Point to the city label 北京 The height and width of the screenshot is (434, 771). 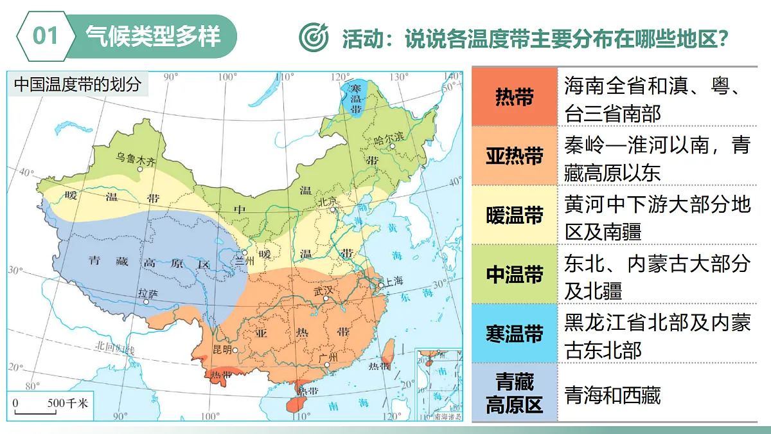coord(328,201)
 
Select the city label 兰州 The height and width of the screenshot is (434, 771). coord(246,262)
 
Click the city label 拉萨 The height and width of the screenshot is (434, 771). coord(147,292)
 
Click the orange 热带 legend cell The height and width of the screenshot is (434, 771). coord(514,96)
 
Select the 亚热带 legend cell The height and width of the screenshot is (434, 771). coord(514,156)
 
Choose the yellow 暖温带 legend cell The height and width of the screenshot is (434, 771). coord(514,215)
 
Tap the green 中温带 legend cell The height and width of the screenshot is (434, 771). coord(514,275)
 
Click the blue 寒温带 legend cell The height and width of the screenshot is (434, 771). coord(514,334)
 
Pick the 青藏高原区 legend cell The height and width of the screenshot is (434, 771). coord(514,393)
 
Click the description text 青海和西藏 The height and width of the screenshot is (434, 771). coord(612,394)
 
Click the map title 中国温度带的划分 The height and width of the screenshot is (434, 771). coord(78,84)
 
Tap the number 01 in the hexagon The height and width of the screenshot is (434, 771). coord(46,35)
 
